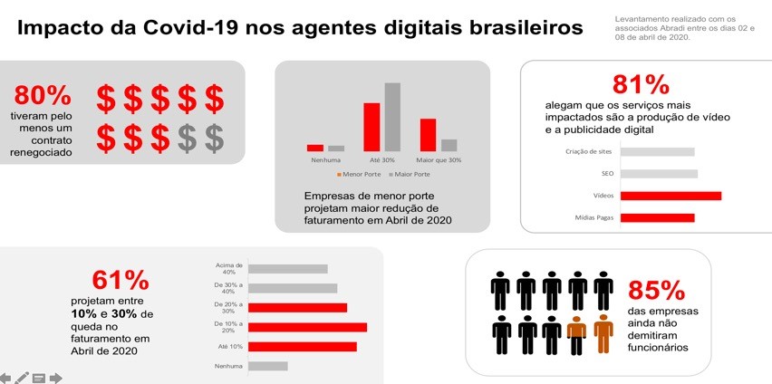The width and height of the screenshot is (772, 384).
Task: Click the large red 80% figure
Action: (43, 95)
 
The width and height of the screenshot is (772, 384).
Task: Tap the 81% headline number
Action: (641, 85)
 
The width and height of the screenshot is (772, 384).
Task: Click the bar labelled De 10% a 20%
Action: (307, 327)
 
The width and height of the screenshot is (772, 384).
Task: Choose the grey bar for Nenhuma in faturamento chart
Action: (267, 366)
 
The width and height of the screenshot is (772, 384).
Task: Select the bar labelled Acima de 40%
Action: (287, 269)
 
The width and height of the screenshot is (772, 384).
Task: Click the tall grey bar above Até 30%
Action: (392, 117)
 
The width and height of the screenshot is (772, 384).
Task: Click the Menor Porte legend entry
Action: (361, 173)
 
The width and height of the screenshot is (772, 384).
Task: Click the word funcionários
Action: (659, 347)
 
